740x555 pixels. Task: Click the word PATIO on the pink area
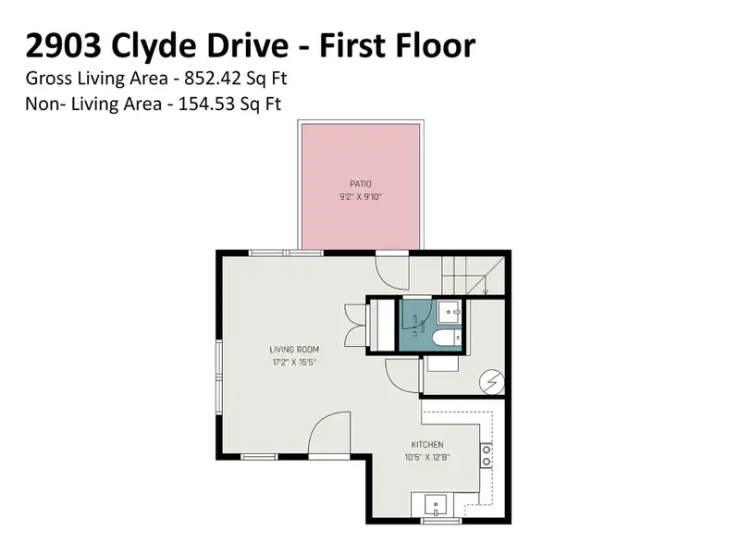pyautogui.click(x=360, y=183)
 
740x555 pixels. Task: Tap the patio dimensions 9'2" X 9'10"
pyautogui.click(x=360, y=196)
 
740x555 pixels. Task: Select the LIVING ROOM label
pyautogui.click(x=294, y=349)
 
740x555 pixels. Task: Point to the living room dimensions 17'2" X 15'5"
pyautogui.click(x=294, y=362)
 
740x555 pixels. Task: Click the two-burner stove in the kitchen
pyautogui.click(x=486, y=454)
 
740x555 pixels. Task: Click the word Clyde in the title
pyautogui.click(x=156, y=45)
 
